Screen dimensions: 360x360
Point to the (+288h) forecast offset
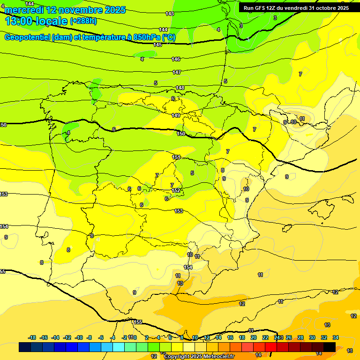pyautogui.click(x=83, y=21)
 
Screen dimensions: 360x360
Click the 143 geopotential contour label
pyautogui.click(x=170, y=14)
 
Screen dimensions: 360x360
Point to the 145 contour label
pyautogui.click(x=157, y=45)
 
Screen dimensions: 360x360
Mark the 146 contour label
pyautogui.click(x=176, y=59)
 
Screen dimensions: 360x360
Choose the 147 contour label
pyautogui.click(x=177, y=72)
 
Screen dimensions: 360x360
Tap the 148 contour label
pyautogui.click(x=180, y=88)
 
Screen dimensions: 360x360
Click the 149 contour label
pyautogui.click(x=176, y=115)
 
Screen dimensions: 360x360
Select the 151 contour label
pyautogui.click(x=176, y=157)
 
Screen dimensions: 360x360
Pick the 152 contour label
pyautogui.click(x=176, y=190)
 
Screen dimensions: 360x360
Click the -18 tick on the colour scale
pyautogui.click(x=32, y=337)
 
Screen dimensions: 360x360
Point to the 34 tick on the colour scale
pyautogui.click(x=336, y=337)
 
